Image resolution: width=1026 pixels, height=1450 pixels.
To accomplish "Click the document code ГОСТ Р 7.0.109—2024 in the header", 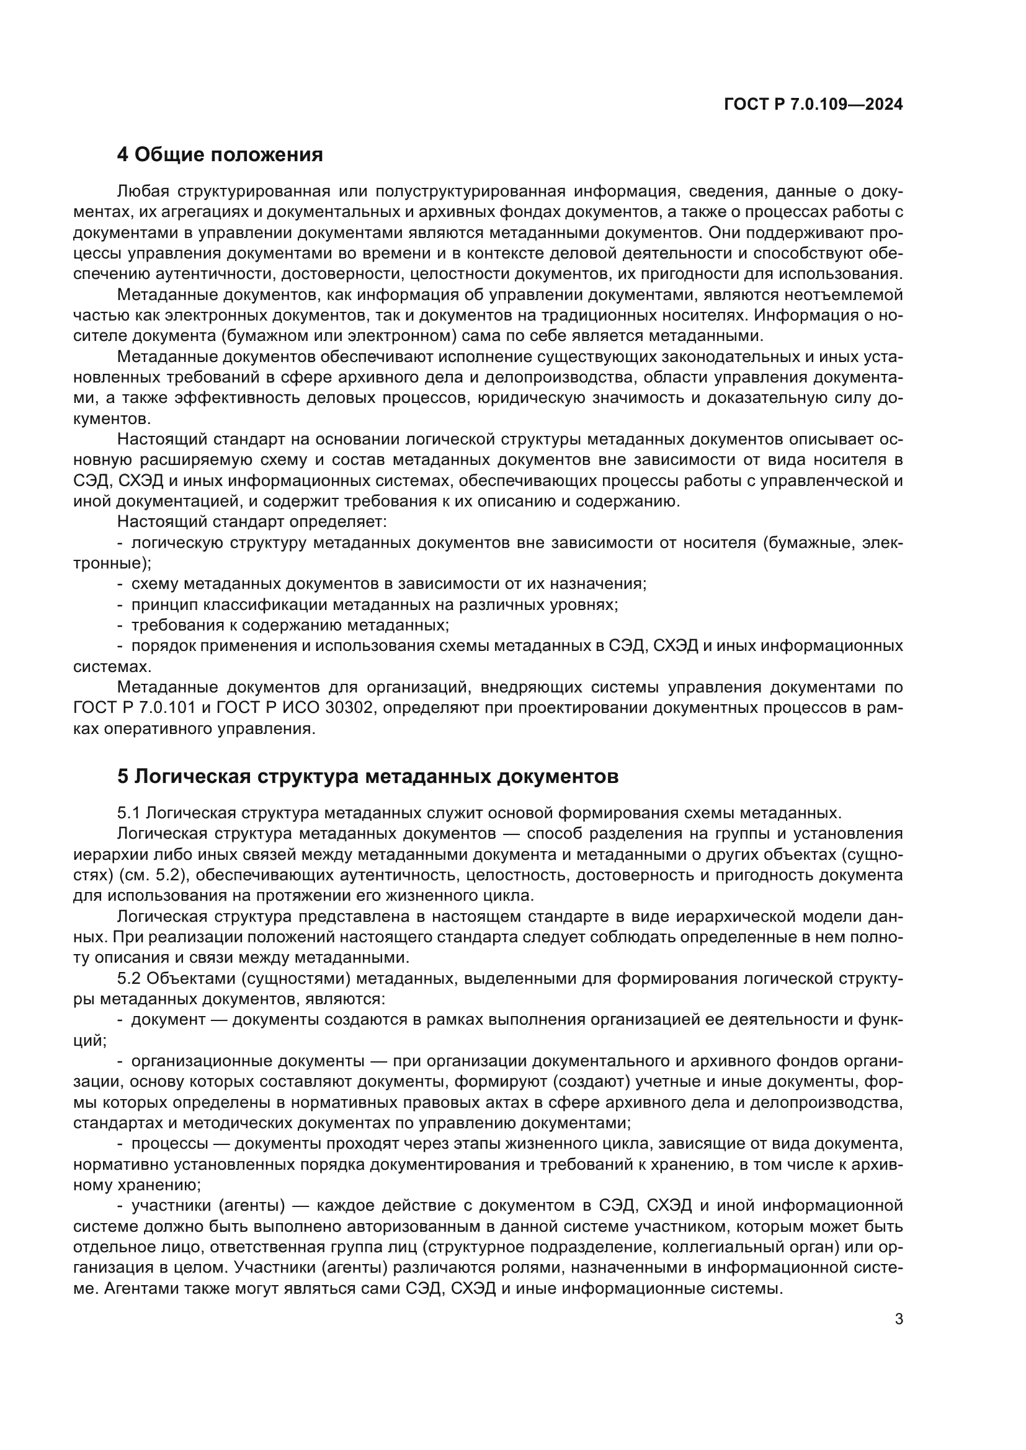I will point(813,105).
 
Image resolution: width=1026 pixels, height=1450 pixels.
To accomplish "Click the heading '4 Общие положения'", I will point(220,155).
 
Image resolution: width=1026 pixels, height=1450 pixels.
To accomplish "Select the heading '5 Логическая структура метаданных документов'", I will point(368,776).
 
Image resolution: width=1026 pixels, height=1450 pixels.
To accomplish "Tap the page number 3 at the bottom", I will point(899,1319).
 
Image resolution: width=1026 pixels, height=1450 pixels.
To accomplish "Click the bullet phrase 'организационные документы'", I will point(248,1061).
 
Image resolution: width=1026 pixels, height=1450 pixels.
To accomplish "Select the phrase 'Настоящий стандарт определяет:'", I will point(251,521).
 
